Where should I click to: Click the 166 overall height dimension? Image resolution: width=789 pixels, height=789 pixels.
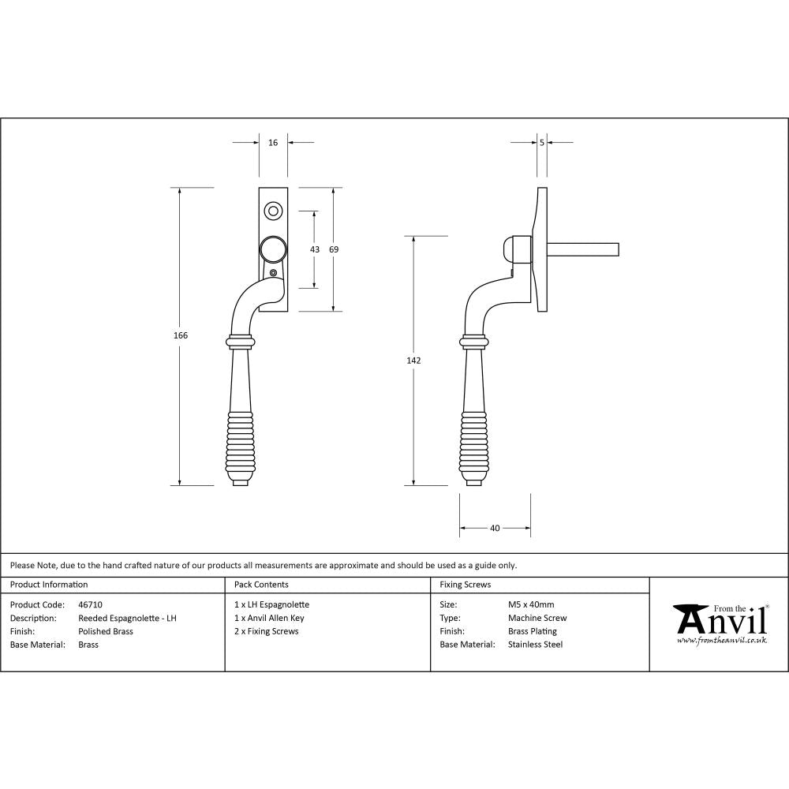coord(181,335)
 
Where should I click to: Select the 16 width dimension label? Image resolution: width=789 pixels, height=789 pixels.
coord(273,143)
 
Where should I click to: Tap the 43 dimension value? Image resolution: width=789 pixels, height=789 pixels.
coord(315,249)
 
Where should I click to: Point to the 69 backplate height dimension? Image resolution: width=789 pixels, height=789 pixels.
coord(334,249)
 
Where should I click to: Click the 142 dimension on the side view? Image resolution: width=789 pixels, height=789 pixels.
coord(414,361)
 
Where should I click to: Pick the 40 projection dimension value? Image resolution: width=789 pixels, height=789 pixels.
coord(495,529)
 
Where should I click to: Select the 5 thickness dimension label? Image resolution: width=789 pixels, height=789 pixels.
coord(542,143)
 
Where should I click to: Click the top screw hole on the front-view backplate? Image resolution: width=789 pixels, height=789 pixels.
coord(273,211)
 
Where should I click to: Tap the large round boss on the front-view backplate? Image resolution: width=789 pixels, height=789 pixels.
coord(273,249)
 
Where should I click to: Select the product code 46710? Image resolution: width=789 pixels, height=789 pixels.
coord(91,605)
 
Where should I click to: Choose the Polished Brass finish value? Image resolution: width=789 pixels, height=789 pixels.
coord(106,631)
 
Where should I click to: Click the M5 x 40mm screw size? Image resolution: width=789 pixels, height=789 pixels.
coord(531,605)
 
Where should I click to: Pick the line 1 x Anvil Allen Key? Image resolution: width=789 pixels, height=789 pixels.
coord(269,619)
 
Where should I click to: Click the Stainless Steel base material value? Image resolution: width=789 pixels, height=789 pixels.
coord(535,645)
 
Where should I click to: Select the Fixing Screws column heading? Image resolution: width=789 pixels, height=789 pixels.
coord(465,585)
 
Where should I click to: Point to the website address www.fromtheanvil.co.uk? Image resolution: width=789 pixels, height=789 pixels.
coord(722,641)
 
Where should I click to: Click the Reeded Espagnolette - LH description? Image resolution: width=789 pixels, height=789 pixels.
coord(127,619)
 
